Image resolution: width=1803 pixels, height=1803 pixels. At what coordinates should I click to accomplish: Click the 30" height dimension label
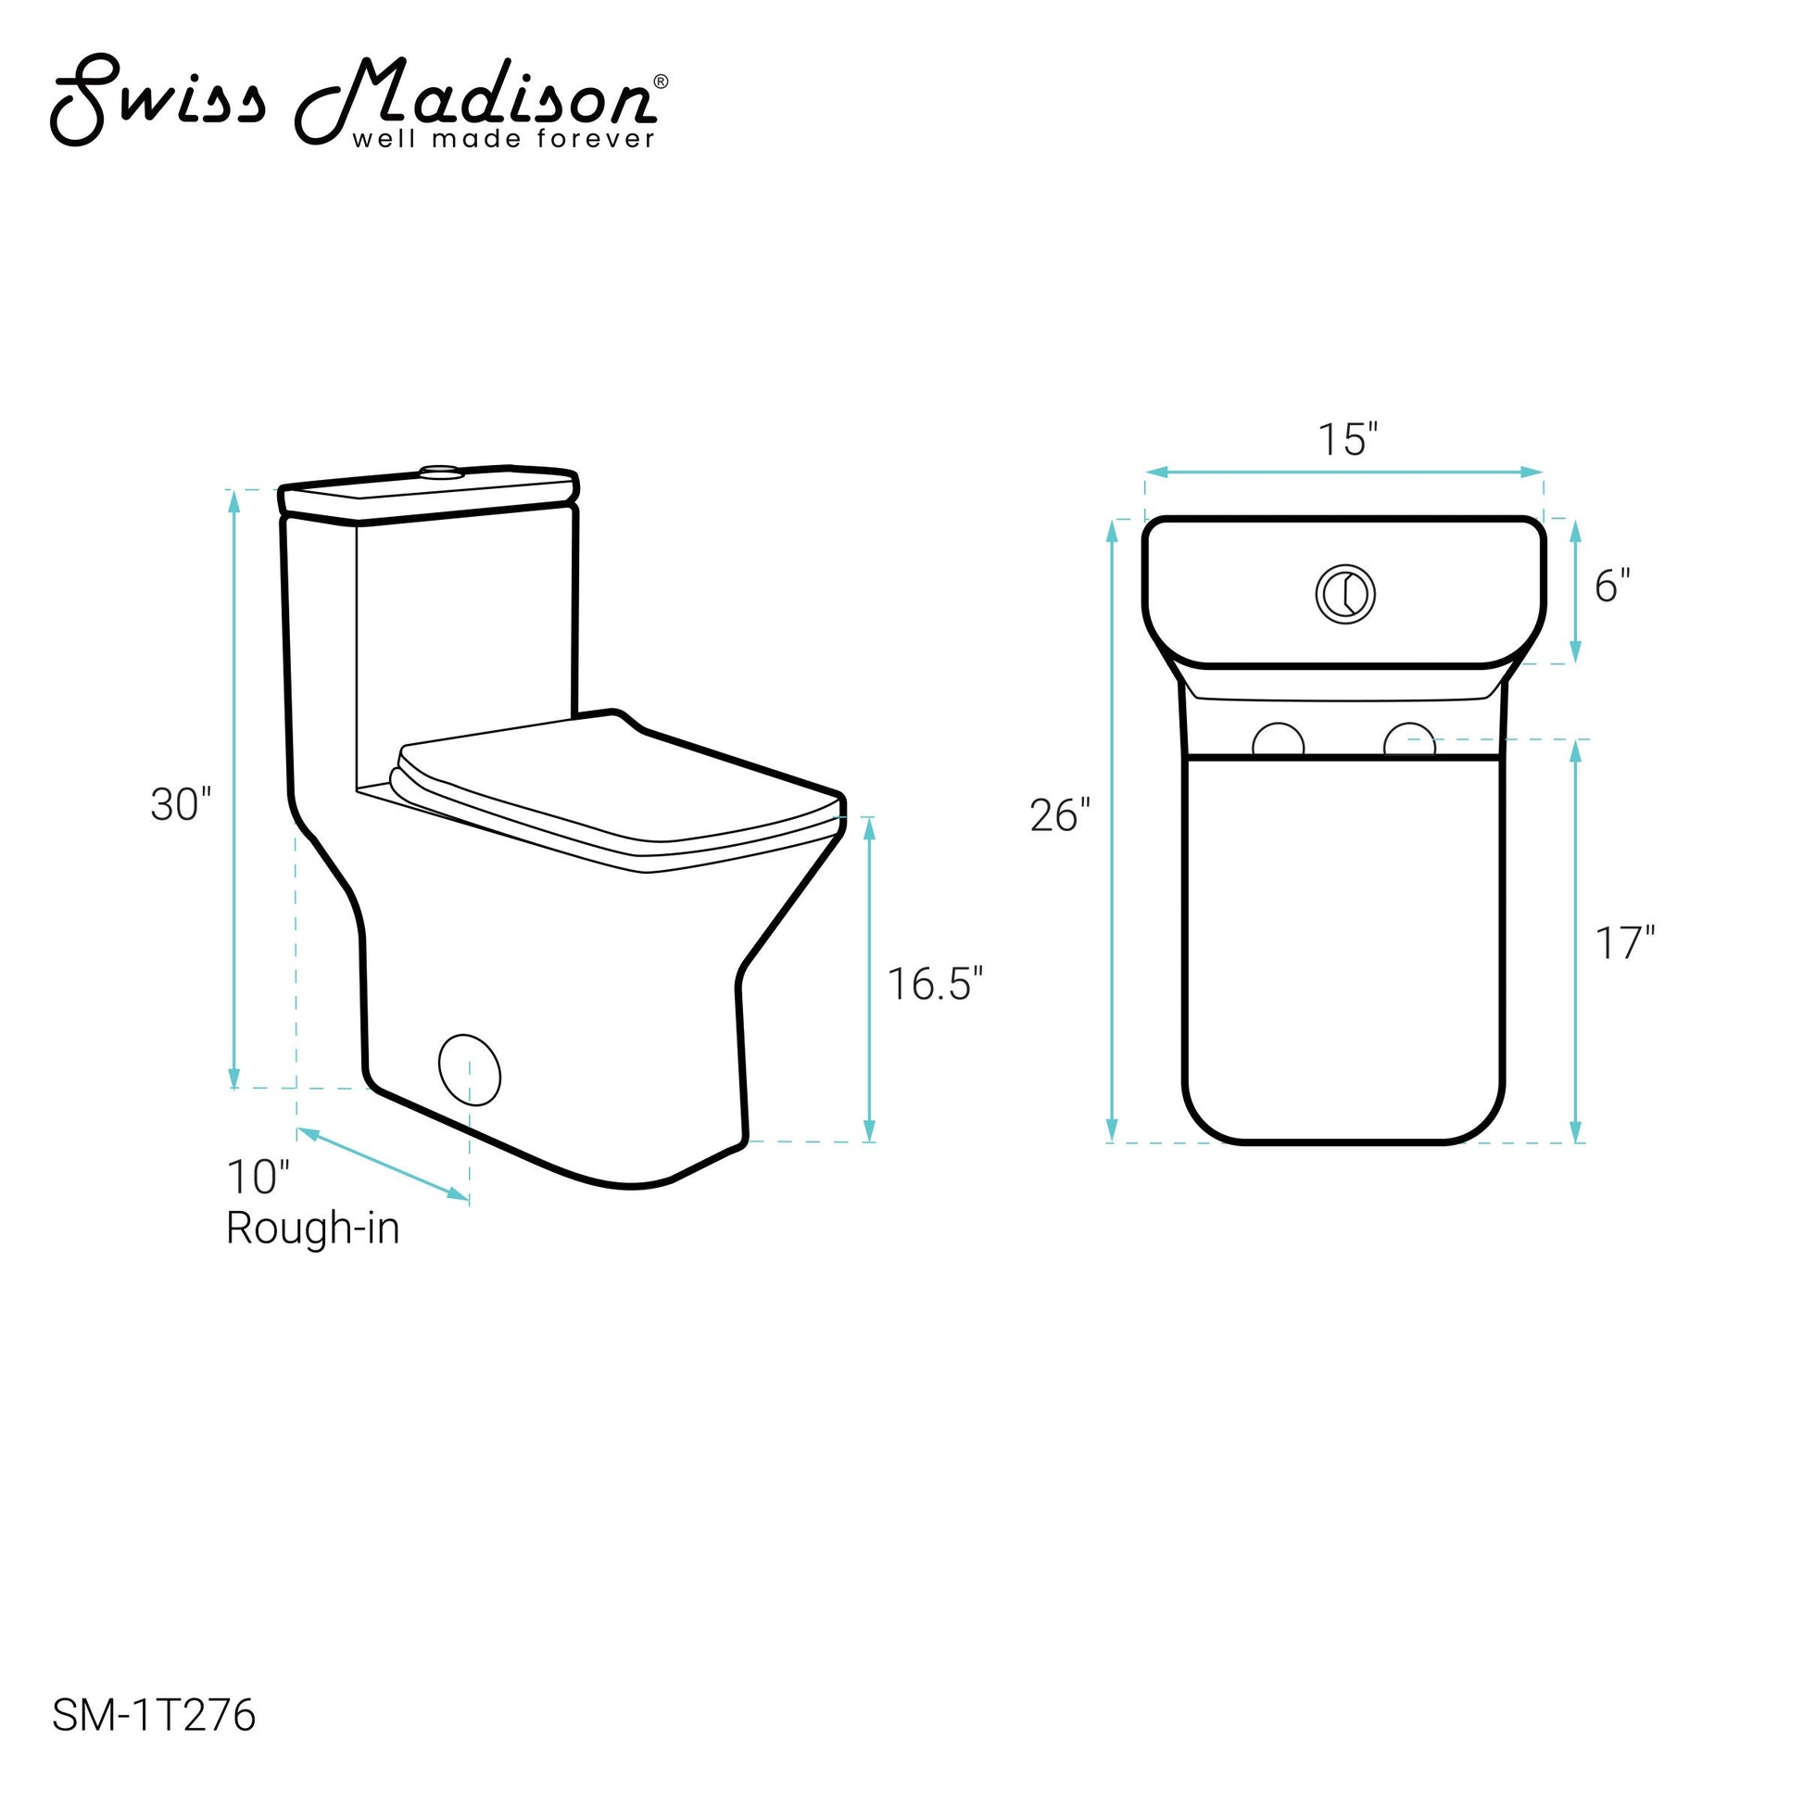point(181,803)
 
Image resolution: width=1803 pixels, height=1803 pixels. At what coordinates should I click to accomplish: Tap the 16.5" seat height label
point(935,984)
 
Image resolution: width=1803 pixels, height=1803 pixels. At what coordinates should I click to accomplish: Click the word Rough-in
point(312,1229)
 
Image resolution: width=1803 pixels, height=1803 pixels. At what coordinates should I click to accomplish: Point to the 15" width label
point(1347,439)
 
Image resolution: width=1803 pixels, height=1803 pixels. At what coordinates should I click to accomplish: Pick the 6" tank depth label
point(1613,586)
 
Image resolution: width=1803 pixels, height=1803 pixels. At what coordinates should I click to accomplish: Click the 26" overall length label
point(1060,814)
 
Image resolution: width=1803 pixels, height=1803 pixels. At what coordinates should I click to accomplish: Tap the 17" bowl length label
point(1625,942)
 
